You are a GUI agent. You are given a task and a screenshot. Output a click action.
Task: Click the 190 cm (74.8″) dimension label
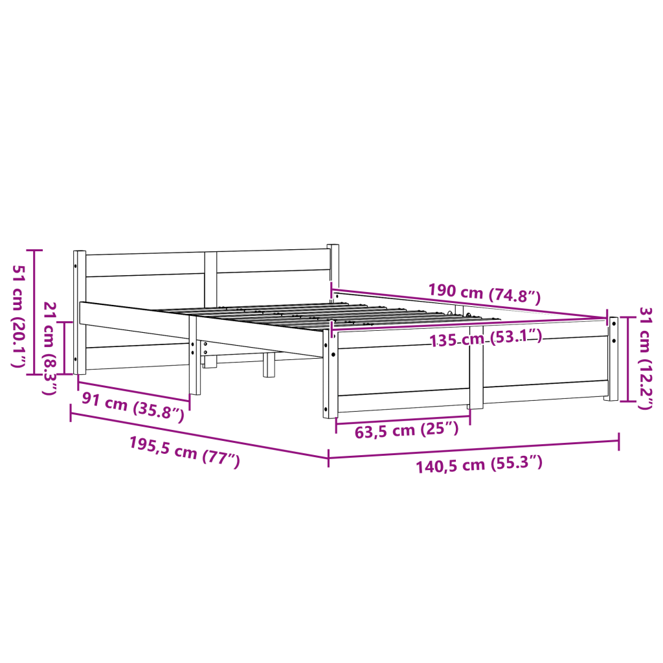point(484,293)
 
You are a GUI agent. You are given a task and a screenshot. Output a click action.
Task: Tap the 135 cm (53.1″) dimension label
point(486,339)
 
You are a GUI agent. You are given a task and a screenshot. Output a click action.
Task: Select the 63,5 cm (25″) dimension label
point(407,430)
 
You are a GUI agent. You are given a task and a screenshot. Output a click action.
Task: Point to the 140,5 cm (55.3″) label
point(479,464)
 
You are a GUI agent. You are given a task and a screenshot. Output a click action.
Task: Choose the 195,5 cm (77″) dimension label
point(185,452)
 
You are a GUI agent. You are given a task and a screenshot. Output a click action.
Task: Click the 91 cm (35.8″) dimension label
point(133,407)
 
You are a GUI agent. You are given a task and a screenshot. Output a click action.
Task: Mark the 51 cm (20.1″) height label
point(19,316)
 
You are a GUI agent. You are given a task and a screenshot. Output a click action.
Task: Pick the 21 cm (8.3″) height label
point(50,349)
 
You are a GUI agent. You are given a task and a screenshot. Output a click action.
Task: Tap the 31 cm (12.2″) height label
point(646,359)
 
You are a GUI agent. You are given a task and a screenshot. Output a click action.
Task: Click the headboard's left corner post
point(80,313)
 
